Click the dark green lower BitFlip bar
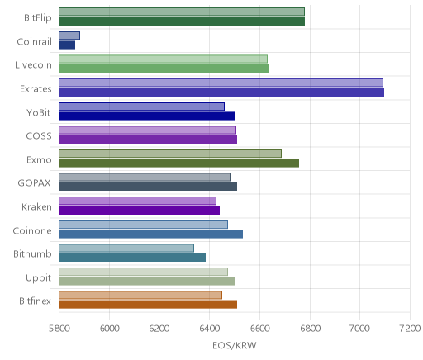tap(182, 21)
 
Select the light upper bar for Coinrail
tap(69, 36)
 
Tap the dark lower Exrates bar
tap(221, 92)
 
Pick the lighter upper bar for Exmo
tap(170, 154)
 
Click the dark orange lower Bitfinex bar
tap(148, 305)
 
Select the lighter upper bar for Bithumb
tap(126, 248)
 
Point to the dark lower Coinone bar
tap(151, 234)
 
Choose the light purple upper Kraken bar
tap(138, 201)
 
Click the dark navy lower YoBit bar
tap(147, 116)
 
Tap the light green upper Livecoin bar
tap(164, 59)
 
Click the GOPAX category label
tap(34, 183)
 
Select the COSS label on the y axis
tap(39, 136)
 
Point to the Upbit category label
tap(39, 278)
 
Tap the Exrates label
tap(36, 89)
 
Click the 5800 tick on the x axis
tap(59, 329)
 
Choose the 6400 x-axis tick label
tap(209, 329)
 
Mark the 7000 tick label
tap(359, 329)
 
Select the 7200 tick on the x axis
tap(410, 329)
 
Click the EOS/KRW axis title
tap(235, 345)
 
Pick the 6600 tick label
tap(259, 329)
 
